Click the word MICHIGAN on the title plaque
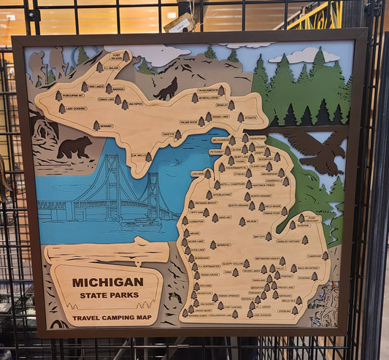[107, 282]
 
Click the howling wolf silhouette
[167, 90]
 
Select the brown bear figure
[74, 148]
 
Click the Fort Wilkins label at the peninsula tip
[116, 56]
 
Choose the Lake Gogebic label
[75, 109]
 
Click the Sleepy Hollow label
[233, 263]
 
